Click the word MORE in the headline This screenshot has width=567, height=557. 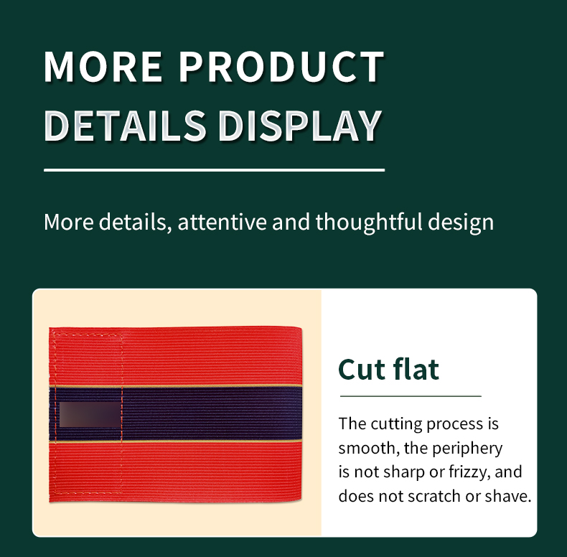103,67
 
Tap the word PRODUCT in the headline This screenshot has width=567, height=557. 281,67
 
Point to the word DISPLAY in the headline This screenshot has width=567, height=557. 300,126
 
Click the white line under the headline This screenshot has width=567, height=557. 214,169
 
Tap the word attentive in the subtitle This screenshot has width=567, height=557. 222,222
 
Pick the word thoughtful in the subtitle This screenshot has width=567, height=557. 369,222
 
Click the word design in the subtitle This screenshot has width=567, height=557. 461,223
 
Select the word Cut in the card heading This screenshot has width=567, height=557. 362,370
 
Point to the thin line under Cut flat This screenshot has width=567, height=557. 411,396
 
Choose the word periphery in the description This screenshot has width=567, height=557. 467,449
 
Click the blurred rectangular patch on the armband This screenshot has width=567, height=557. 90,414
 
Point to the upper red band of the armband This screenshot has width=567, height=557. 176,356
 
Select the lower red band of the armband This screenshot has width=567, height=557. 176,472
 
